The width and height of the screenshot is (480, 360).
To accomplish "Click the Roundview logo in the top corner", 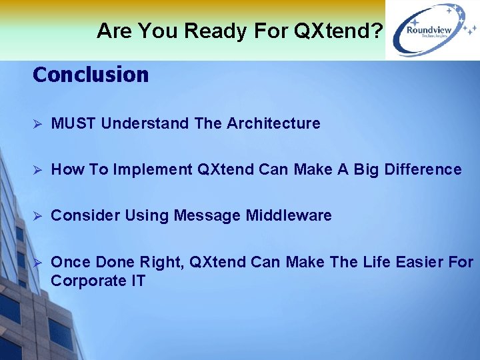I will pos(432,30).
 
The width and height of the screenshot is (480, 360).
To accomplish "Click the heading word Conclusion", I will pos(91,75).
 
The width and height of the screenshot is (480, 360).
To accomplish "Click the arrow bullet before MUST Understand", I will pos(38,124).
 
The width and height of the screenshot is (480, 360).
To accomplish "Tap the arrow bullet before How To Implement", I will pos(38,170).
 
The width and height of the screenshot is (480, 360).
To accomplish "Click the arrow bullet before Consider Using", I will pos(38,216).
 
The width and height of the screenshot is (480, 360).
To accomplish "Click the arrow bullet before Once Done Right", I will pos(38,263).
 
